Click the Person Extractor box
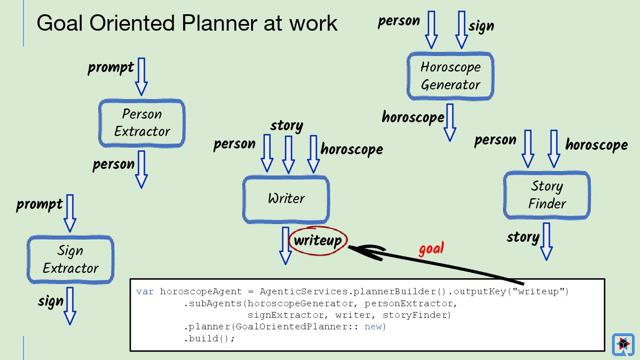click(141, 123)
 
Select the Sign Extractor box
click(70, 260)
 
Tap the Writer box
click(286, 199)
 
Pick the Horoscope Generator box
click(450, 76)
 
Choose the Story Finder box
click(547, 195)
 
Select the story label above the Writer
click(287, 126)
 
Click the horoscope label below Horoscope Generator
click(413, 117)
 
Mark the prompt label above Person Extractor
click(111, 68)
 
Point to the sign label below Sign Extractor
click(51, 302)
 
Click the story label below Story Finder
click(523, 238)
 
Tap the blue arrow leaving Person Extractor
click(141, 169)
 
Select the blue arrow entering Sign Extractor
click(70, 213)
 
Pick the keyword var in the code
click(145, 292)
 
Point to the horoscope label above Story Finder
click(596, 145)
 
